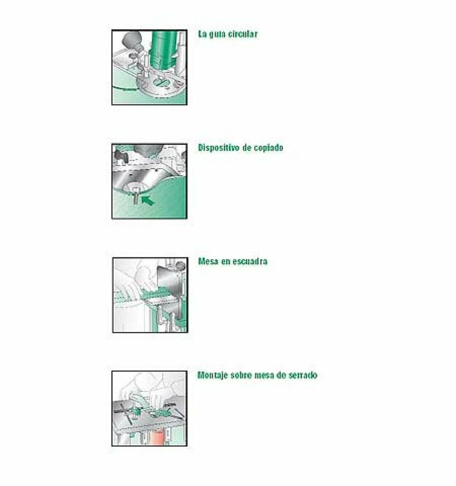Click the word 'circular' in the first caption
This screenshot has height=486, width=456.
243,34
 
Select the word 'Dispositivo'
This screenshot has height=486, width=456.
219,148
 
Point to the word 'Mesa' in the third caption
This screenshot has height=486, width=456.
208,261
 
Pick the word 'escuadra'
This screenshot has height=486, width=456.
250,261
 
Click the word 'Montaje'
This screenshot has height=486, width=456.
213,376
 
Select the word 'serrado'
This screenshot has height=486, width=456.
302,376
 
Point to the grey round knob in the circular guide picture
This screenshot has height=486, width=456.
133,42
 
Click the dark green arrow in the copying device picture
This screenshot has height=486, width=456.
148,200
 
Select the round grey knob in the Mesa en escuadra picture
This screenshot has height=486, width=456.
180,266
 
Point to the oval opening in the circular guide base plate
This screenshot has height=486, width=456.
163,83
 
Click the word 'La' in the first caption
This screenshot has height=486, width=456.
202,34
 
